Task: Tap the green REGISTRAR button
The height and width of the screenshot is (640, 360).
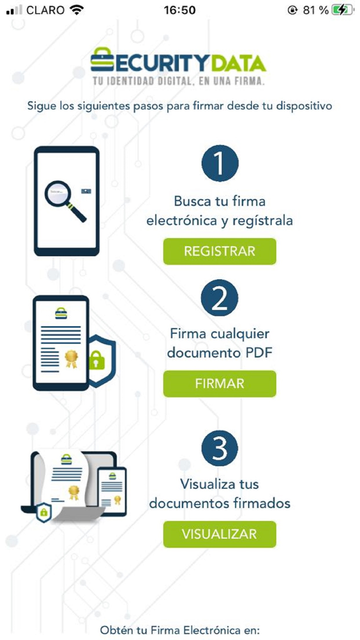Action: point(220,251)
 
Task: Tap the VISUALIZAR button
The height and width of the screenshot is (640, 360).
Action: point(220,534)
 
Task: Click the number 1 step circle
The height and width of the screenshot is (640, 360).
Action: point(220,163)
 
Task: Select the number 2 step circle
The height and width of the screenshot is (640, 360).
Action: point(220,298)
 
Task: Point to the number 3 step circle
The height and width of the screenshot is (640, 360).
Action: point(220,448)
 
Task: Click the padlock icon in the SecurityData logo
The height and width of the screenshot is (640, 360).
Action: point(102,60)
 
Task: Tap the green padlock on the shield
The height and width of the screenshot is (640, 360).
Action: point(97,360)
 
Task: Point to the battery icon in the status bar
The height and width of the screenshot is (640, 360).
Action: point(343,10)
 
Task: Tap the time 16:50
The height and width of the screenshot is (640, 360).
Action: point(179,10)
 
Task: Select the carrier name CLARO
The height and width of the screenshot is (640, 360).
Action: point(45,10)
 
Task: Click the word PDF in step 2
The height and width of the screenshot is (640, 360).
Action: point(259,353)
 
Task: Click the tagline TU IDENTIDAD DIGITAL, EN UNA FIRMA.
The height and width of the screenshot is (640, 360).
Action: point(178,81)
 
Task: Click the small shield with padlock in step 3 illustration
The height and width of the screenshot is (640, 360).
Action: point(44,512)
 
